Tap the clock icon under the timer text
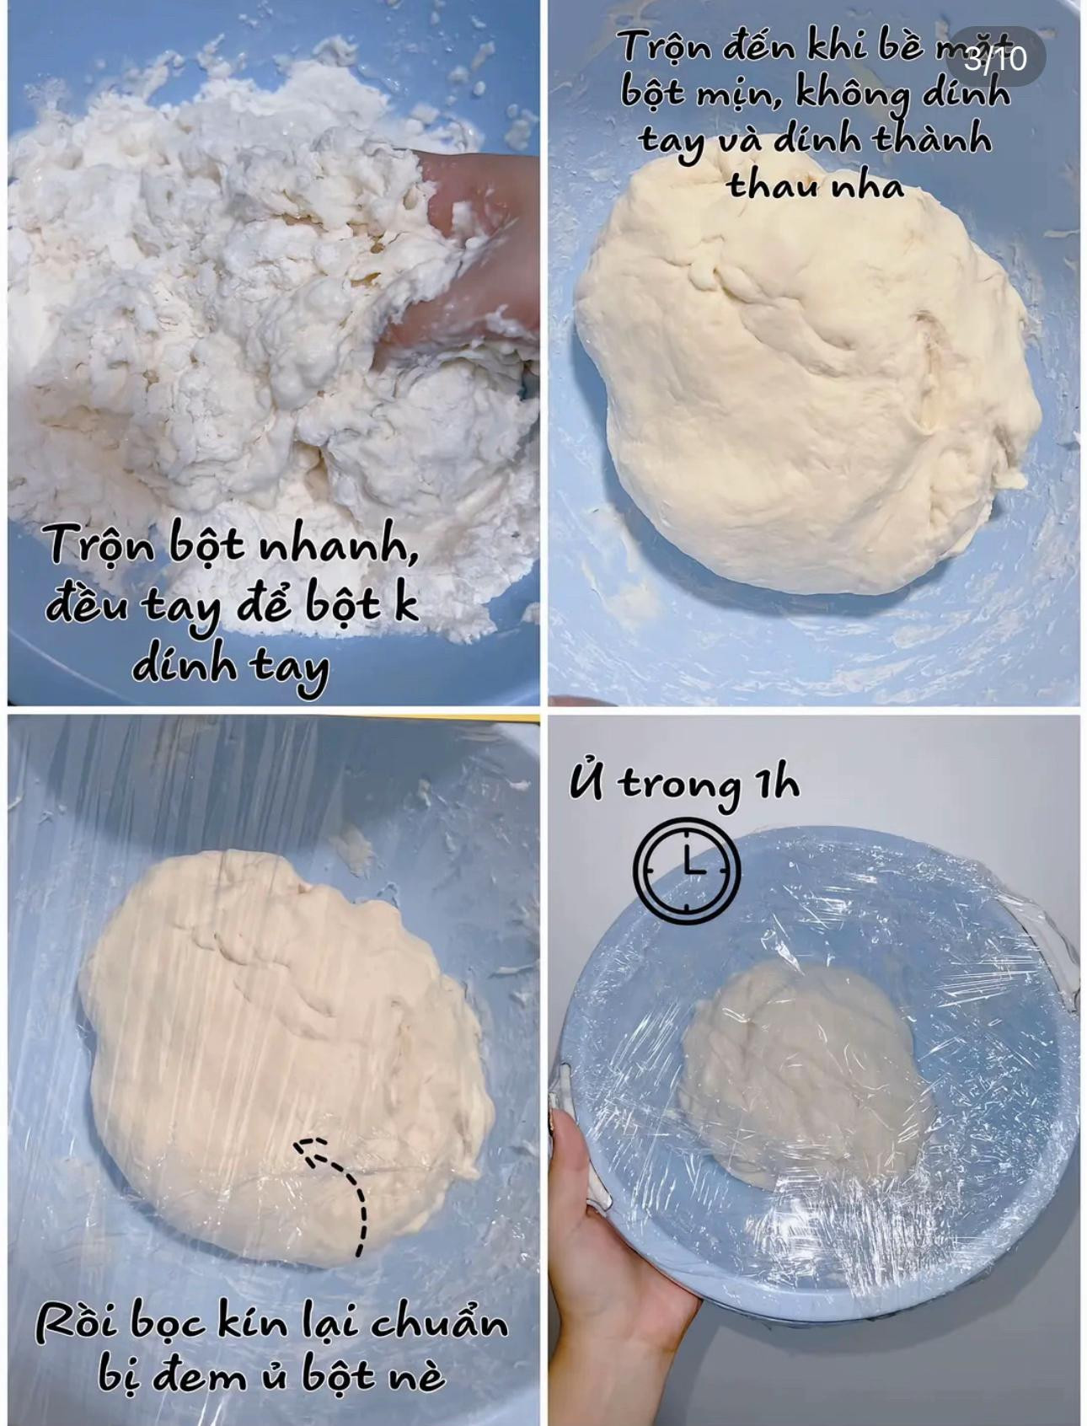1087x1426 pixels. (687, 869)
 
